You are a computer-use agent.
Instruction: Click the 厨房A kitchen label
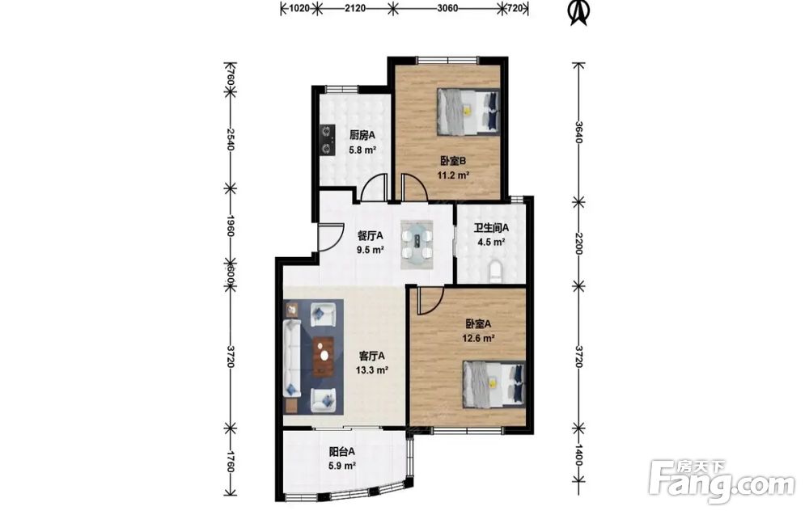(362, 136)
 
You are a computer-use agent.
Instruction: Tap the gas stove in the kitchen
(326, 140)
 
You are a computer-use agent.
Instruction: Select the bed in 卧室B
(468, 112)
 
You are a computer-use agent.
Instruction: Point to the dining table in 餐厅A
(417, 245)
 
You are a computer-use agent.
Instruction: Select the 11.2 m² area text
(453, 175)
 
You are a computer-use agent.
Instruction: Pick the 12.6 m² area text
(479, 339)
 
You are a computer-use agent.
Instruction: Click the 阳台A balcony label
(342, 452)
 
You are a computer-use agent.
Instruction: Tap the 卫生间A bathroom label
(492, 227)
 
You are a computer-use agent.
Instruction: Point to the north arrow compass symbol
(578, 12)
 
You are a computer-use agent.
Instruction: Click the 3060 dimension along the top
(447, 8)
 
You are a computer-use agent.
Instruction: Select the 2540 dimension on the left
(230, 139)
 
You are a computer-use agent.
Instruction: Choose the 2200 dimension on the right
(578, 243)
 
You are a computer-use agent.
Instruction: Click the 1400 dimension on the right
(578, 455)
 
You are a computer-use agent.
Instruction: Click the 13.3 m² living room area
(372, 370)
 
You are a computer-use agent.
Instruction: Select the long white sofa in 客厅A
(292, 358)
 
